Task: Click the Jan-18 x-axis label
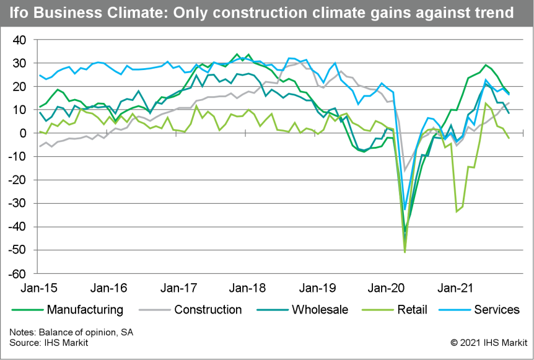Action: pos(248,288)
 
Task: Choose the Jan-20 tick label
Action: pos(386,288)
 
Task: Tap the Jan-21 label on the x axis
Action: pos(455,288)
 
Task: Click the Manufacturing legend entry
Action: pos(84,309)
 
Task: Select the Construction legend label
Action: pos(208,309)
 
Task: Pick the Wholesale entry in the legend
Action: pos(320,309)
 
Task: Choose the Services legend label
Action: pos(496,309)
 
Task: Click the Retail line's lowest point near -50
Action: pos(405,252)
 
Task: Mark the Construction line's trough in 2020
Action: pos(405,171)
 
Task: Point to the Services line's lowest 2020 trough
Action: pos(405,209)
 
